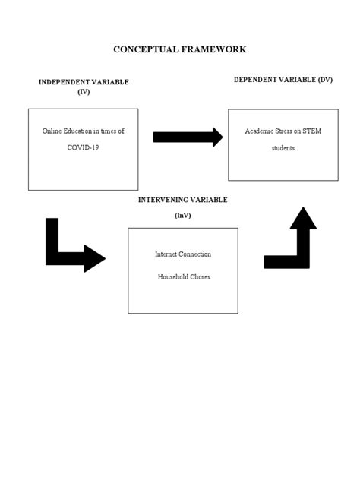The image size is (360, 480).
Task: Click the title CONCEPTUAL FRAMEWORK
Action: coord(179,49)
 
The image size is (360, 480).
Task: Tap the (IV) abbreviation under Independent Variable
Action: coord(84,91)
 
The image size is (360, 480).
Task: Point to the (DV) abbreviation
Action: coord(324,80)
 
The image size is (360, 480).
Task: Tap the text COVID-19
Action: coord(83,147)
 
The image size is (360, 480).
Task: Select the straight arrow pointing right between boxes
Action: coord(188,137)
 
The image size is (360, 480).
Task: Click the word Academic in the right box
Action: coord(258,131)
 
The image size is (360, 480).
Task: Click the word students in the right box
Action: coord(283,148)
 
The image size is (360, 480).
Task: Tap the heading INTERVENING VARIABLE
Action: coord(182,200)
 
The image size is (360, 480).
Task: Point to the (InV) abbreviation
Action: coord(182,215)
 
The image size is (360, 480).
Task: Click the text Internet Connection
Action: coord(183,254)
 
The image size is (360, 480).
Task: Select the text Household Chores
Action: coord(183,277)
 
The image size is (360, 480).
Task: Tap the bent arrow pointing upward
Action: coord(292,243)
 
